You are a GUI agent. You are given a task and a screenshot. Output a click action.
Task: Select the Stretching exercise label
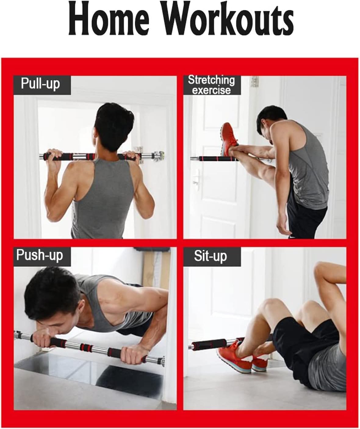pyautogui.click(x=211, y=85)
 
